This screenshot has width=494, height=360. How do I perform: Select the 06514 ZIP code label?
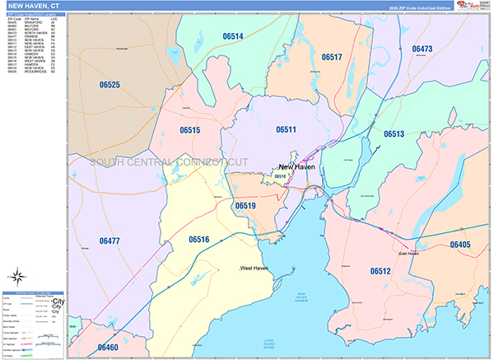(x=233, y=37)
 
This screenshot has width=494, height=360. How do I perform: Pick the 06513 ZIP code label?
(x=394, y=133)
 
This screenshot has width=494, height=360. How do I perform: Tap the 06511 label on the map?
(x=286, y=129)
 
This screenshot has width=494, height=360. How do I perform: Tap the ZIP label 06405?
(x=460, y=245)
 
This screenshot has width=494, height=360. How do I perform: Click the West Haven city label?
(x=254, y=269)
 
